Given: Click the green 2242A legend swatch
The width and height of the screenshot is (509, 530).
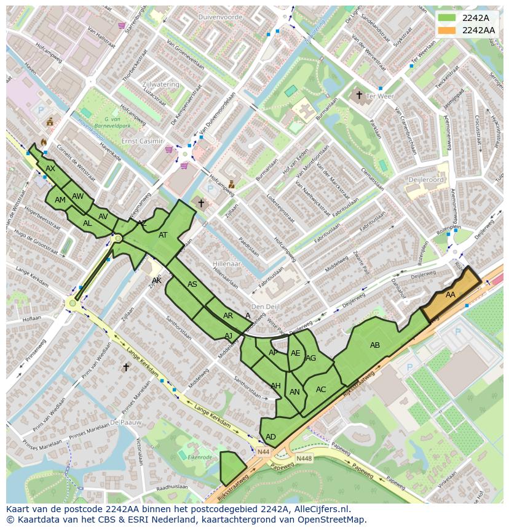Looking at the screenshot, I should coord(447,18).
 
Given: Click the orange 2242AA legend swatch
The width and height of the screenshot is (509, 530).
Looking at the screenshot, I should coord(447,30).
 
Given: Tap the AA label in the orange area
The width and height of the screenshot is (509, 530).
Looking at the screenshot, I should coord(451,295).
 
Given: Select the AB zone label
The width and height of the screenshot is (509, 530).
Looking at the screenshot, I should coord(375,345).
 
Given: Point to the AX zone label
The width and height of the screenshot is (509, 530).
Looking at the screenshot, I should coord(50,168).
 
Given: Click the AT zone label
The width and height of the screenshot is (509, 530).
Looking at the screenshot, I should coord(163,235).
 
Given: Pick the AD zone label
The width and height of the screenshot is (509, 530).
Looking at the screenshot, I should coord(270,436).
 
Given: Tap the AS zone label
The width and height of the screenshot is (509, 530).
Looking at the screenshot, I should coord(192,284).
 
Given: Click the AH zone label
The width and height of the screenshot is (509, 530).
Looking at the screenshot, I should coord(275,386).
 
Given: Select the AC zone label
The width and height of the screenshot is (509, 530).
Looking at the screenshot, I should coord(321,389).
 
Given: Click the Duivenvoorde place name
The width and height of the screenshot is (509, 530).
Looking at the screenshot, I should coord(221,17).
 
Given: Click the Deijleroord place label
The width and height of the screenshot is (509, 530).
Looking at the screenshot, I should coord(426,180).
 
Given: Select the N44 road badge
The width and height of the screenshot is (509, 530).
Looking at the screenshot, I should coord(263,452).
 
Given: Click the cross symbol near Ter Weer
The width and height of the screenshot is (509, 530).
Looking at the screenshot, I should coord(359,95).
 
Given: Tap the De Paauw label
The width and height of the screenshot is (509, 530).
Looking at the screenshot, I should coord(125,423).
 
